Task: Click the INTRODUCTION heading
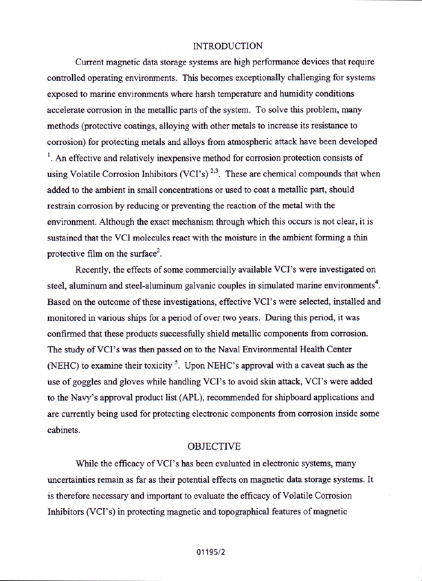coord(227,46)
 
